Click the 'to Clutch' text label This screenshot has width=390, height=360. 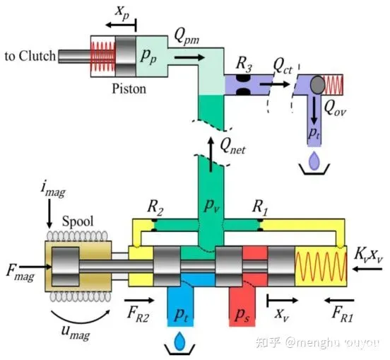click(x=30, y=56)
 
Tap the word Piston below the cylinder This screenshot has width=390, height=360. click(x=129, y=88)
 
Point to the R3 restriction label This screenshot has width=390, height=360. click(x=244, y=64)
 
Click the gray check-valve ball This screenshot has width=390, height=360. click(x=317, y=85)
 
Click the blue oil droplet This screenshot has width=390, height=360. click(x=180, y=341)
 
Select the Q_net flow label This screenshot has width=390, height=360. click(x=232, y=146)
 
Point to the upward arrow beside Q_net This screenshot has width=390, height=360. click(x=211, y=154)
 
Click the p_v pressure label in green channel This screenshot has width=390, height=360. click(x=212, y=206)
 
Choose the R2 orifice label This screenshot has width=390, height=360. click(x=155, y=207)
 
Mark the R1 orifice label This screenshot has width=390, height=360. click(x=260, y=207)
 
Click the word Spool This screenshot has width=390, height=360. click(x=78, y=221)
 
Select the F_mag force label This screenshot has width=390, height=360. click(x=20, y=272)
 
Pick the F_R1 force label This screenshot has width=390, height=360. click(x=343, y=314)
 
